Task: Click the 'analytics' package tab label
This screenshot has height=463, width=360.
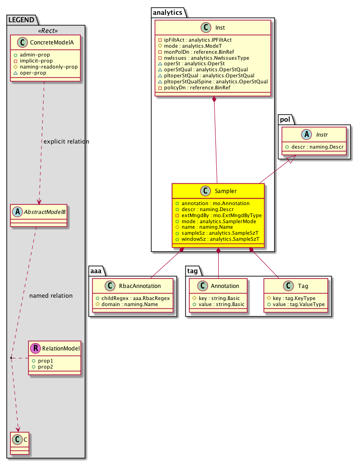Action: point(167,13)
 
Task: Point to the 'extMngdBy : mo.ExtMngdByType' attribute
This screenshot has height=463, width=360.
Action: point(218,215)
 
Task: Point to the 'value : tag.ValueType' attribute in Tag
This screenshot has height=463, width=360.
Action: point(296,304)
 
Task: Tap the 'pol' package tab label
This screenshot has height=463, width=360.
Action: point(285,119)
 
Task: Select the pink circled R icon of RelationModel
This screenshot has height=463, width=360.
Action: point(36,348)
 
